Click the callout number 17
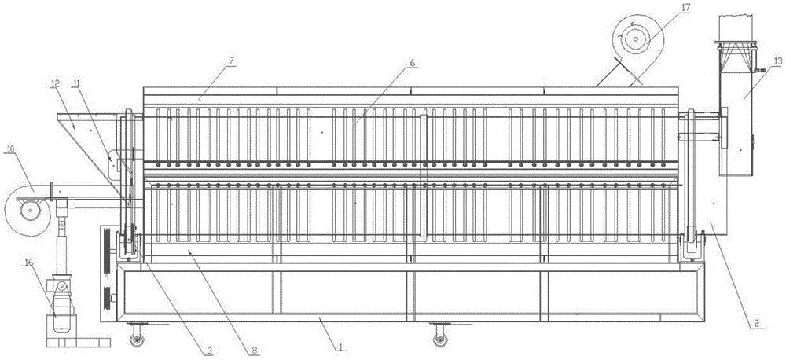pyautogui.click(x=685, y=8)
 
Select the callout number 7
pyautogui.click(x=232, y=61)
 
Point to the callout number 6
pyautogui.click(x=412, y=63)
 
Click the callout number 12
pyautogui.click(x=55, y=84)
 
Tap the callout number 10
pyautogui.click(x=9, y=149)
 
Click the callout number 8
pyautogui.click(x=255, y=351)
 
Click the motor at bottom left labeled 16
pyautogui.click(x=61, y=306)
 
